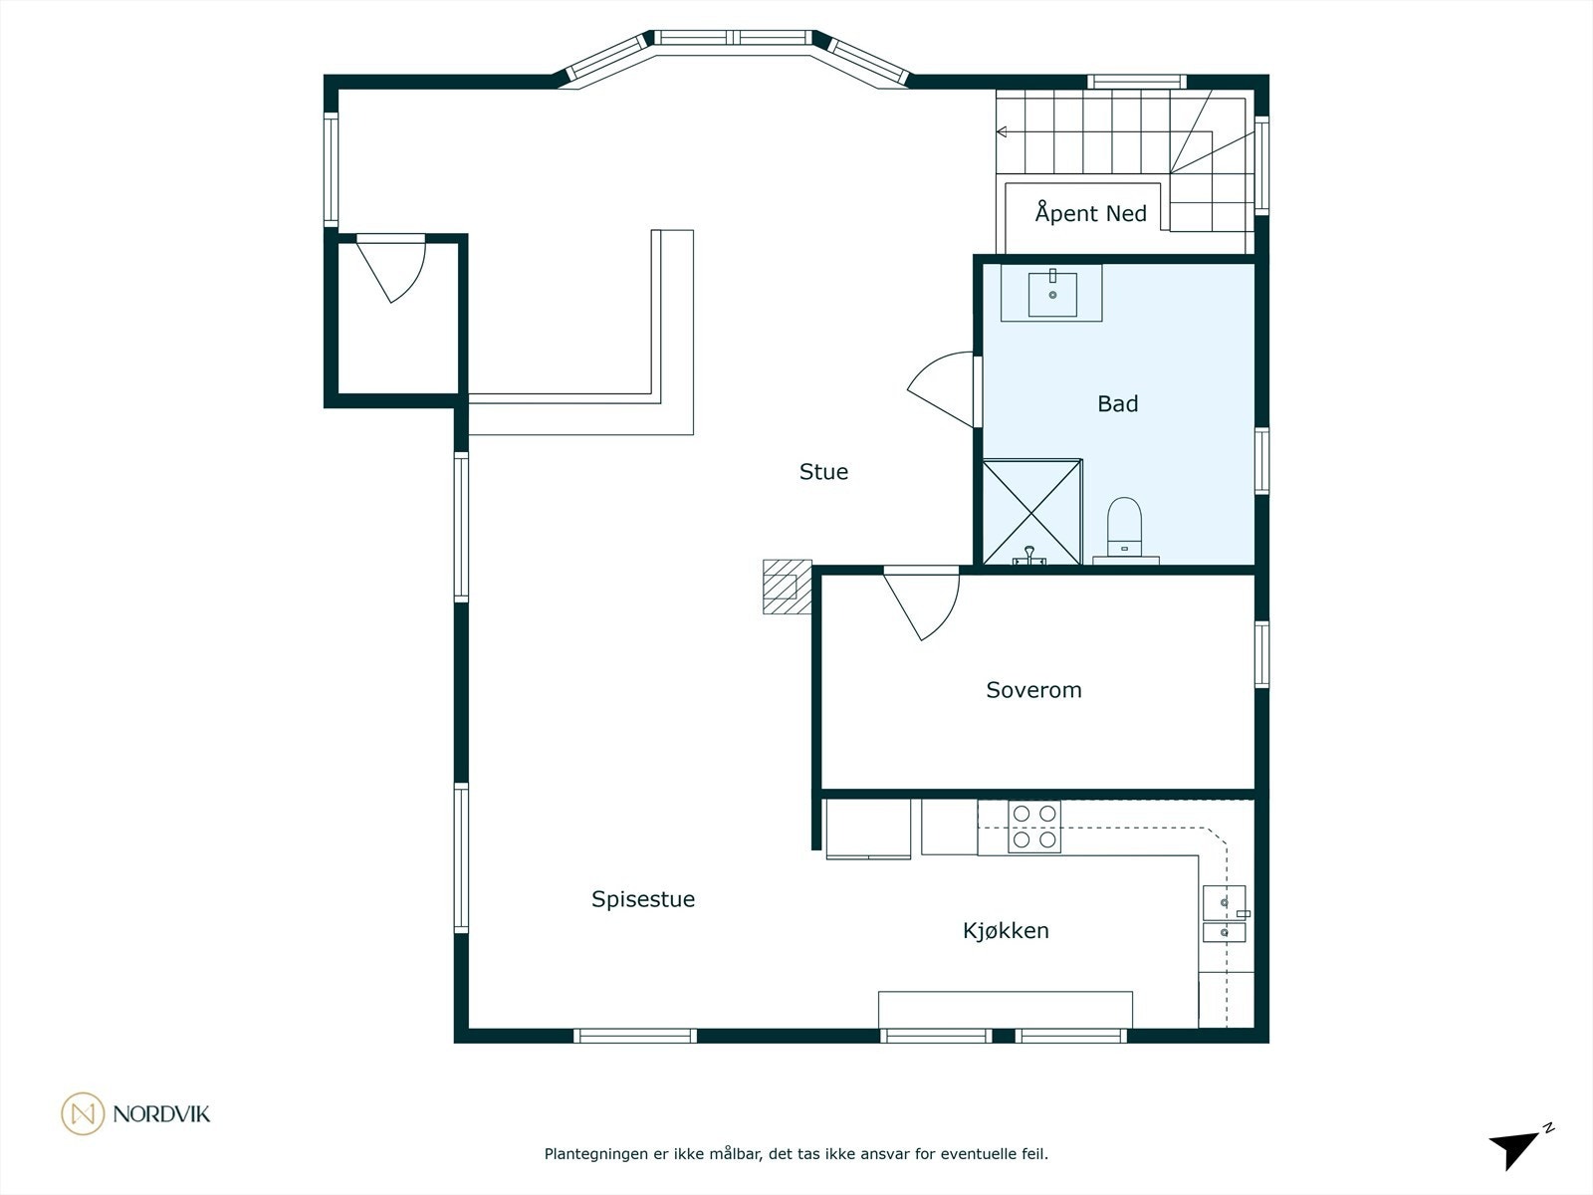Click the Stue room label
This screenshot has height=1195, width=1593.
tap(823, 472)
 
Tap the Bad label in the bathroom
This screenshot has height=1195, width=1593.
tap(1118, 403)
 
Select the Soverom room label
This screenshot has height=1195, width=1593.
tap(1033, 689)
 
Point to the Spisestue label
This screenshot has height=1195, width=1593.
tap(643, 899)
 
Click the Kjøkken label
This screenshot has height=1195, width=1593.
tap(1006, 930)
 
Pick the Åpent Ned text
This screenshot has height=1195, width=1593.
tap(1091, 212)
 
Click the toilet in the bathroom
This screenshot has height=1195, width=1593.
tap(1124, 528)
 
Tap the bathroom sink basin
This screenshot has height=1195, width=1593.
tap(1052, 293)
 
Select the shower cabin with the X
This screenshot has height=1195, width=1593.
tap(1032, 512)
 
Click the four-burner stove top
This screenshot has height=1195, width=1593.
tap(1034, 827)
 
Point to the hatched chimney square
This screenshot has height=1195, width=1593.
tap(787, 587)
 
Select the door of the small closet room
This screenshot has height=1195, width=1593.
tap(390, 269)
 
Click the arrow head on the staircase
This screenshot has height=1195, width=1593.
tap(1002, 132)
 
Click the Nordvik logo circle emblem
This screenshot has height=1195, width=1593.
tap(83, 1113)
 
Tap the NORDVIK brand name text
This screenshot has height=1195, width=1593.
tap(162, 1113)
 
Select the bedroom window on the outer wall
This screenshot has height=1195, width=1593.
tap(1262, 654)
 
